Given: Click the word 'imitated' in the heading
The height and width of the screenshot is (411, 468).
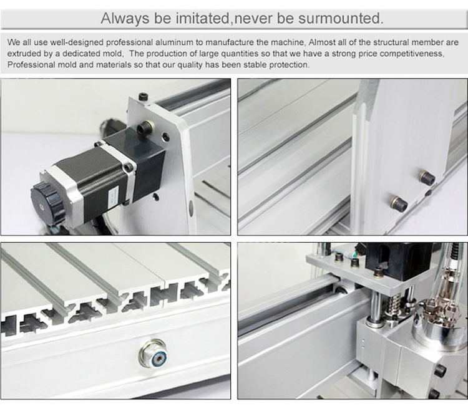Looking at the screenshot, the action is pyautogui.click(x=202, y=18).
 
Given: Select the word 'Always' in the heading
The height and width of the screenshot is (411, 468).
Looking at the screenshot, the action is pyautogui.click(x=125, y=19).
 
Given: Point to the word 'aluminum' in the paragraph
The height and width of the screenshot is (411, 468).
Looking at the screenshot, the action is pyautogui.click(x=174, y=42).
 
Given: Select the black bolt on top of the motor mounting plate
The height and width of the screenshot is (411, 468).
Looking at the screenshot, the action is pyautogui.click(x=143, y=97).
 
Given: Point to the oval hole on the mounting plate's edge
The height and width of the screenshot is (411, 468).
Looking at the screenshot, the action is pyautogui.click(x=191, y=206).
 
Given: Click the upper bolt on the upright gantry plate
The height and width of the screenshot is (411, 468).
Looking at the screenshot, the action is pyautogui.click(x=427, y=176).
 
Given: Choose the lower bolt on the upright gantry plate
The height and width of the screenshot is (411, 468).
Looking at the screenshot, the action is pyautogui.click(x=399, y=203).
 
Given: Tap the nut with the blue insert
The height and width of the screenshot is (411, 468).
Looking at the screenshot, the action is pyautogui.click(x=154, y=354).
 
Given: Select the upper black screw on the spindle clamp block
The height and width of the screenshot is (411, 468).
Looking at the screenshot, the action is pyautogui.click(x=441, y=370).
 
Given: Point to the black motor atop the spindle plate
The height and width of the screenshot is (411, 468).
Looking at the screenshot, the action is pyautogui.click(x=397, y=261).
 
